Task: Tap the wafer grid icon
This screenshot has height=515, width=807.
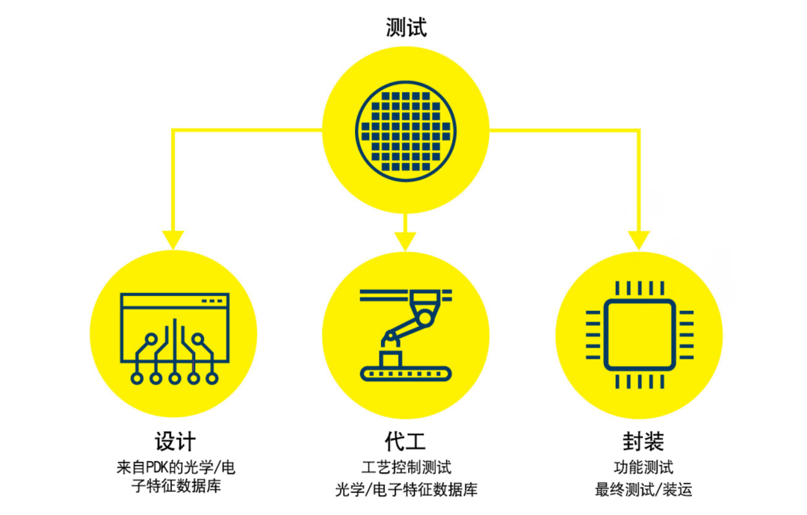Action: [x=406, y=129]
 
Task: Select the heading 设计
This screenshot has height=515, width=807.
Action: [x=174, y=441]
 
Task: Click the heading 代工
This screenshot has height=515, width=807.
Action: [x=406, y=441]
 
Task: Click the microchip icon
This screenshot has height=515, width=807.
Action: [x=639, y=334]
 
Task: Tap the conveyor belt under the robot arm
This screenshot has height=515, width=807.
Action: [x=406, y=371]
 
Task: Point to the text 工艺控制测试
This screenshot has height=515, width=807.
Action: [x=406, y=468]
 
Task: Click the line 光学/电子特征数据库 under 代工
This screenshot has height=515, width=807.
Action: [x=406, y=490]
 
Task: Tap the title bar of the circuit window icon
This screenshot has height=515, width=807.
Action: [x=173, y=300]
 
